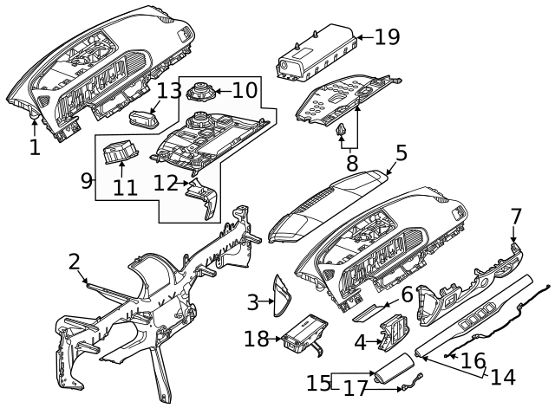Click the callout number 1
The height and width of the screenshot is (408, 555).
[34, 147]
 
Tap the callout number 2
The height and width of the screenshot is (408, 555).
[75, 262]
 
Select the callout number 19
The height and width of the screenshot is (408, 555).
[387, 36]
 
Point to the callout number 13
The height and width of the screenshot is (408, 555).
[169, 90]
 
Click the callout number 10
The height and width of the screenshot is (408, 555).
[245, 89]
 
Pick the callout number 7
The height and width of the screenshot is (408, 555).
[516, 215]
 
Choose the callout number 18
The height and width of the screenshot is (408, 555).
[257, 339]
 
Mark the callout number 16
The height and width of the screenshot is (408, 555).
[473, 359]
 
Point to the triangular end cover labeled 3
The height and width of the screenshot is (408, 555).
[282, 295]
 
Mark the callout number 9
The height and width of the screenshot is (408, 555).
[87, 180]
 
